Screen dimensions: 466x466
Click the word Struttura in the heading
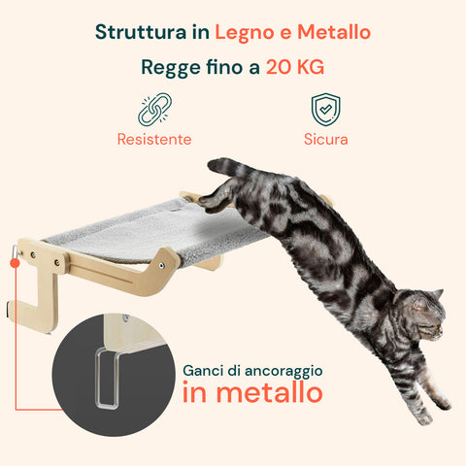(x=141, y=32)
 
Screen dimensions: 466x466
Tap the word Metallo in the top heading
(x=334, y=32)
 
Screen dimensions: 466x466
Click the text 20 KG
(x=295, y=67)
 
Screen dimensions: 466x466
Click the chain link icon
(x=154, y=110)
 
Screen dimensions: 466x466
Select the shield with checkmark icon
(x=325, y=110)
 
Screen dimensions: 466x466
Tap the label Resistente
(x=154, y=139)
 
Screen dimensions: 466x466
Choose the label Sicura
(x=326, y=139)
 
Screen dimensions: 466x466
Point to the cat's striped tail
(x=226, y=168)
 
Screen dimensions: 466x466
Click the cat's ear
(x=437, y=295)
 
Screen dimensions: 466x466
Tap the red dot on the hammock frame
(x=15, y=263)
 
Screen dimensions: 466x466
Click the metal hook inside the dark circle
(x=107, y=379)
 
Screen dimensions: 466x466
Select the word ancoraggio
(x=283, y=372)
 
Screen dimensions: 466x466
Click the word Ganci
(x=203, y=371)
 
